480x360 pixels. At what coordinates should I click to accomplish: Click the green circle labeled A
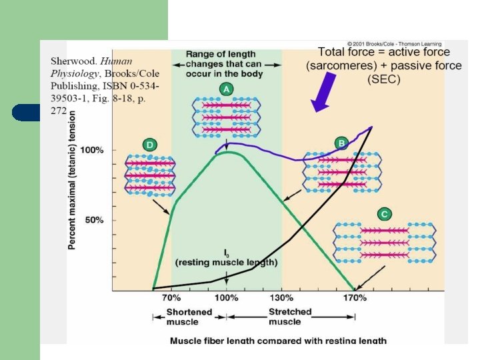(x=227, y=89)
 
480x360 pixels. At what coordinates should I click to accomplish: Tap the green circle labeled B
(x=341, y=143)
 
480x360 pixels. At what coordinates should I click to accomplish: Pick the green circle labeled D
(x=150, y=144)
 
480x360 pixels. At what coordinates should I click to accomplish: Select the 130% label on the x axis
(x=281, y=298)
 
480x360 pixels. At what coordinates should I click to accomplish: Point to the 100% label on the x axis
(x=227, y=298)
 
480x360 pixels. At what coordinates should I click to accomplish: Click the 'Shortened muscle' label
(x=189, y=317)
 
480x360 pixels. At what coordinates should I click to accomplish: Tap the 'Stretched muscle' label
(x=290, y=317)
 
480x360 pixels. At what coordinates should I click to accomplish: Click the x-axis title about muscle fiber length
(x=278, y=341)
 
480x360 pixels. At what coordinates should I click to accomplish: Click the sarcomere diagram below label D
(x=150, y=175)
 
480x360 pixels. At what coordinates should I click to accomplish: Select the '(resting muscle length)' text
(x=226, y=263)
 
